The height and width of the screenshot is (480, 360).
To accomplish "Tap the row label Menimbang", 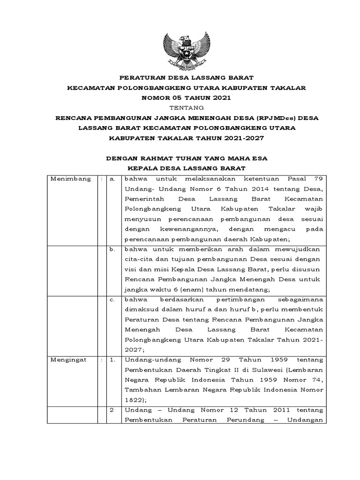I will [71, 179].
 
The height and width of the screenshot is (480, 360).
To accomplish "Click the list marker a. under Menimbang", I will [112, 179].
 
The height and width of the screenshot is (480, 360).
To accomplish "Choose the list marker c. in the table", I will [112, 300].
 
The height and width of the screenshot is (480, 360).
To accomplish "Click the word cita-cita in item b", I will [140, 259].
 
